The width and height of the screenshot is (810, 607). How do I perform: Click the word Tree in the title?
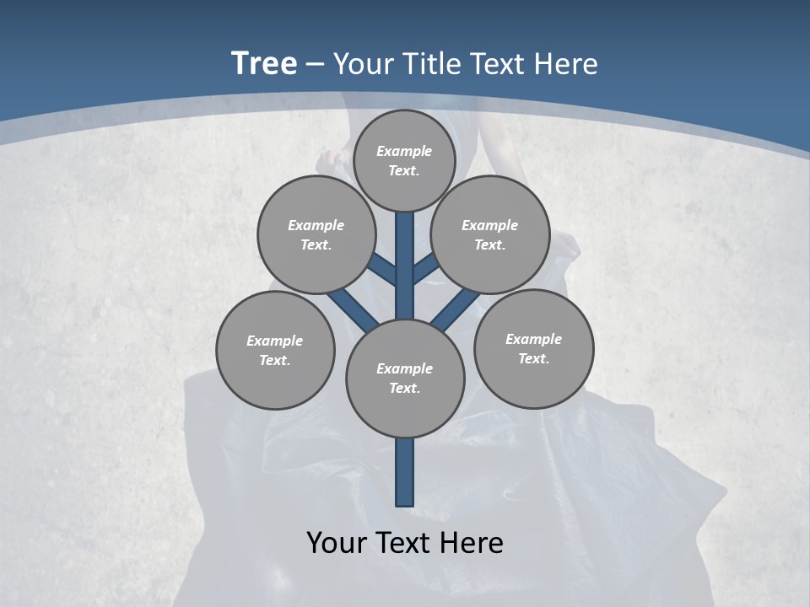pos(264,64)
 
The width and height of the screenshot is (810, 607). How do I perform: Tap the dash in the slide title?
pos(316,64)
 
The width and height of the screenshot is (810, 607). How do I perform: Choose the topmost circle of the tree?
pos(404,160)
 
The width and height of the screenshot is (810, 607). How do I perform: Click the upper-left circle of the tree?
pos(316,234)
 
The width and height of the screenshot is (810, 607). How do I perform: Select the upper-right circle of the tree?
pos(490,234)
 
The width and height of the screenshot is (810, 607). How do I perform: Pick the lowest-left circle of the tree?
pos(275,350)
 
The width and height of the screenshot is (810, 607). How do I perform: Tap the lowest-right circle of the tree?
pos(534,348)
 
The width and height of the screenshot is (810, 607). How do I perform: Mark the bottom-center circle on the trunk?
pos(405,379)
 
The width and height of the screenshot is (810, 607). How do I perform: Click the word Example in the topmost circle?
pos(404,151)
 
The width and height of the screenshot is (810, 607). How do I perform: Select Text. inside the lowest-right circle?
pos(534,358)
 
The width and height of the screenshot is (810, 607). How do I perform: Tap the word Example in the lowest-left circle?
pos(275,341)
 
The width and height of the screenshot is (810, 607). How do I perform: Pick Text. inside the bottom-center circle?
pos(405,388)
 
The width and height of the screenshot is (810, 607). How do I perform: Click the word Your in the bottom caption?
pos(337,542)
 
